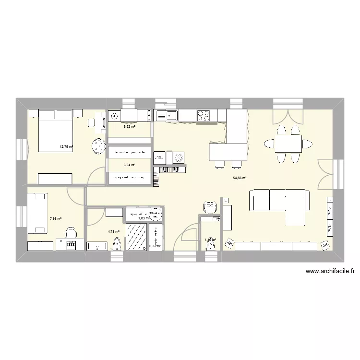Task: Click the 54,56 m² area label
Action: click(x=240, y=178)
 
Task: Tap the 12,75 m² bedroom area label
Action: click(x=65, y=147)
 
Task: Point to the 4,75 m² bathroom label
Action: click(x=113, y=232)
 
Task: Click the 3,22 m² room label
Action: click(x=129, y=127)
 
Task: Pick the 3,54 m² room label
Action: click(x=129, y=165)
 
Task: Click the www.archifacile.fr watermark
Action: click(x=329, y=271)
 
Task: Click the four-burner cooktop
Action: click(x=204, y=115)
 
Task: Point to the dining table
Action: click(x=288, y=143)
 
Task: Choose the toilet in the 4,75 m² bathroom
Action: click(x=116, y=244)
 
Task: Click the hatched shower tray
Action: click(x=137, y=237)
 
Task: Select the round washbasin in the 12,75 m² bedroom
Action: click(x=99, y=145)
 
